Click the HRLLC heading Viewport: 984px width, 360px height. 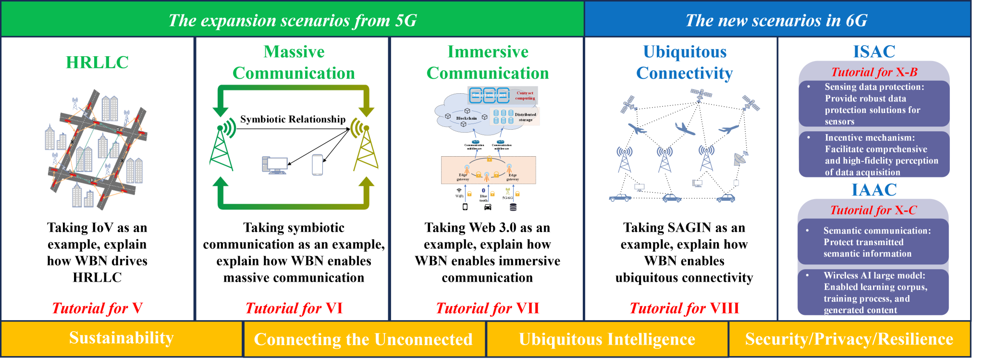click(97, 62)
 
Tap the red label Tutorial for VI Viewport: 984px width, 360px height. click(294, 308)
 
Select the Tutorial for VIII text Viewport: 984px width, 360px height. click(684, 308)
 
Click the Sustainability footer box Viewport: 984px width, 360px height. click(122, 338)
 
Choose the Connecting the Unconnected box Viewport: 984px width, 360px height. click(364, 339)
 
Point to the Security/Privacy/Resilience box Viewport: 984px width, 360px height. click(849, 339)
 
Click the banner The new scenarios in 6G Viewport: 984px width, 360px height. click(776, 20)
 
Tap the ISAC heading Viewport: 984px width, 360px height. click(874, 51)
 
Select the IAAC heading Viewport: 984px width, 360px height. click(874, 190)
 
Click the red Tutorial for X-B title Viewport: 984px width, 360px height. click(874, 72)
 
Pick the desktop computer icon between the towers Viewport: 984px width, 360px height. click(275, 165)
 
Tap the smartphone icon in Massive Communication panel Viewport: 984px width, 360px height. click(318, 165)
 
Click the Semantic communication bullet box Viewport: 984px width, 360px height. click(873, 242)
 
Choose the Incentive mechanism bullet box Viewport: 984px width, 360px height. click(874, 155)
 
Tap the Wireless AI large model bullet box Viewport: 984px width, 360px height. click(873, 292)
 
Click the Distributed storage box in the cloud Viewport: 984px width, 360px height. click(515, 116)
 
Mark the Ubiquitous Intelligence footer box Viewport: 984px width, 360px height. click(607, 339)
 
